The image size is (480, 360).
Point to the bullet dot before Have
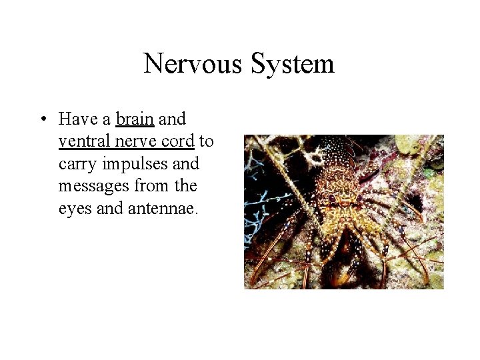(x=41, y=119)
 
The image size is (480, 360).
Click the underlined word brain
(x=135, y=119)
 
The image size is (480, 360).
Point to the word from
(x=148, y=185)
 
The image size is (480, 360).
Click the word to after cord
(x=206, y=141)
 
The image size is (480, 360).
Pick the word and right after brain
(x=172, y=119)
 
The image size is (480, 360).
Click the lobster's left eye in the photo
(x=331, y=198)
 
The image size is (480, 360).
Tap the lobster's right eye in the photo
(x=358, y=198)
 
